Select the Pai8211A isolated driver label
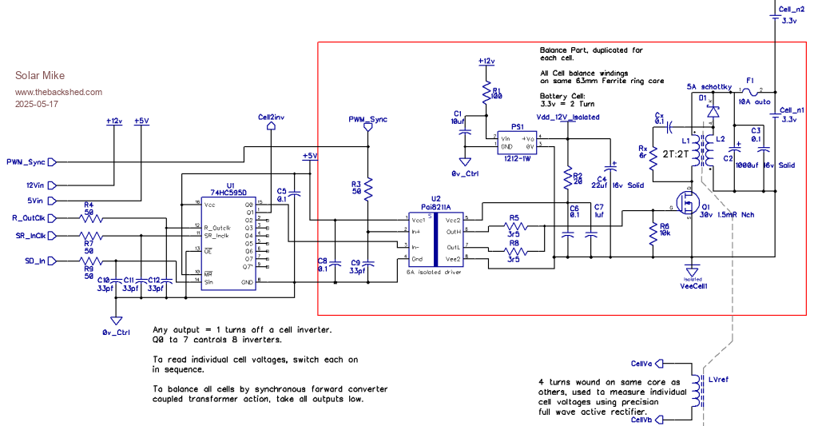click(436, 205)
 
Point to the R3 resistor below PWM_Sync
click(367, 189)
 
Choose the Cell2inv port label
click(271, 117)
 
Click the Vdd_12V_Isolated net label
click(567, 117)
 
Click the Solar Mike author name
click(36, 76)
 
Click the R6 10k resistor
click(653, 232)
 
